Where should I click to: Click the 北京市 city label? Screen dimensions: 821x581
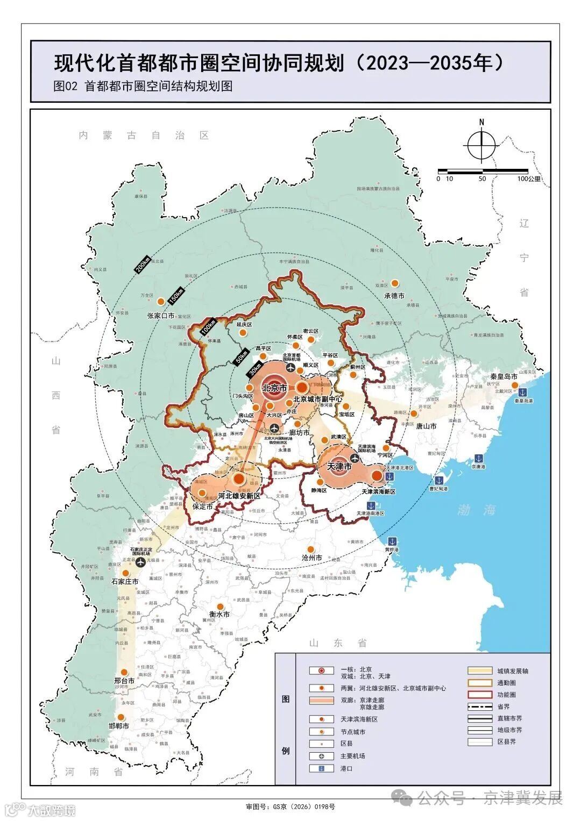point(274,388)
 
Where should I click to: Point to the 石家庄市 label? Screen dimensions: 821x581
point(125,582)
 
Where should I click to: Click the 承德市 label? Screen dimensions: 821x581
point(394,296)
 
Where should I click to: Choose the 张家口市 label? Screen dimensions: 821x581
point(161,316)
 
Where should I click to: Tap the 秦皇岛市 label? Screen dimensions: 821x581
point(504,376)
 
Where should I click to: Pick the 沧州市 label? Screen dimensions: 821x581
point(312,558)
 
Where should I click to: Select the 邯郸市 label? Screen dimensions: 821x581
point(119,726)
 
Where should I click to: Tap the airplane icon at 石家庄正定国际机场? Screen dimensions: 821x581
point(141,562)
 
